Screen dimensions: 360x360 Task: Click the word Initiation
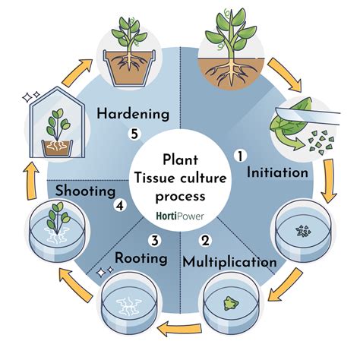(277, 172)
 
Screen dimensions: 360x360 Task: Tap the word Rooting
(141, 258)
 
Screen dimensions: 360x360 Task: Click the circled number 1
(240, 156)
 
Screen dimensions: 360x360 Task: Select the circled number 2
(204, 242)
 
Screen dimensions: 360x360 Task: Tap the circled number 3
(154, 242)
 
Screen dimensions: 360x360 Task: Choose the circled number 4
(118, 204)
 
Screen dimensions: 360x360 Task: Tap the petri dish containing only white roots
(125, 304)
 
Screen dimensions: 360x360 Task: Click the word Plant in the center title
(180, 159)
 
